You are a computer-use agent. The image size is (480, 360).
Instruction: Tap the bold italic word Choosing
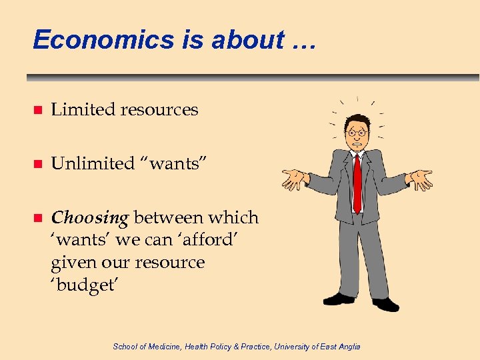coord(89,218)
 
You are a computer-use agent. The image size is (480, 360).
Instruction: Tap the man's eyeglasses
coord(357,133)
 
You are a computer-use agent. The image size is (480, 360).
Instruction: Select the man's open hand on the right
coord(419,178)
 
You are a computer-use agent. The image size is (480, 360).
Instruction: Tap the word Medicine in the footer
coord(160,346)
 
